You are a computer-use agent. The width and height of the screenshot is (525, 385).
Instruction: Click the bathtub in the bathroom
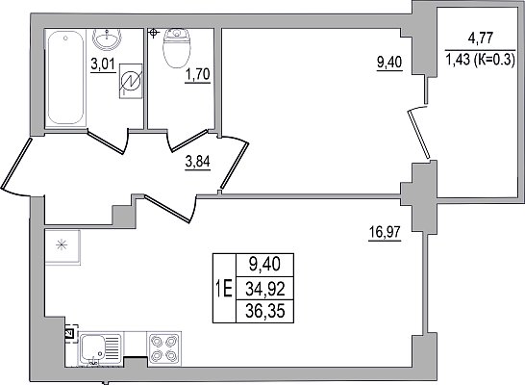[65, 78]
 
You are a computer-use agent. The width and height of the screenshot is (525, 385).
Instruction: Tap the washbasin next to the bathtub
[107, 38]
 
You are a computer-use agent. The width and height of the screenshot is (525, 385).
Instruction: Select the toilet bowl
[177, 48]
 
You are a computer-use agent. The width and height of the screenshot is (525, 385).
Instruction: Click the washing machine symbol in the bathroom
[131, 81]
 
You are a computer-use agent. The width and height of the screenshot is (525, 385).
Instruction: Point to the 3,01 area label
[103, 64]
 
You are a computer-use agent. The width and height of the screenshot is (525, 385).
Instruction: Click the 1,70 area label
[198, 74]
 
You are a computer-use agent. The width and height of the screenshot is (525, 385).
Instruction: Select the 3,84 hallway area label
[197, 162]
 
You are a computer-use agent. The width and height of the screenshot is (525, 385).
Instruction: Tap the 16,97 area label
[385, 232]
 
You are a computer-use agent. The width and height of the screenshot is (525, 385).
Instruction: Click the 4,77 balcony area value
[481, 38]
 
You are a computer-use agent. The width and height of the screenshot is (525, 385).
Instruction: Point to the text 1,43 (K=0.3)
[480, 61]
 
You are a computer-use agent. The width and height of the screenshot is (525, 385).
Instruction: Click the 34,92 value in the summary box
[264, 289]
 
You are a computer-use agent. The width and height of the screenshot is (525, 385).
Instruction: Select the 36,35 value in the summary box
[264, 312]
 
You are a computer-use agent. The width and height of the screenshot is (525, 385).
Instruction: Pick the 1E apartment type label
[224, 289]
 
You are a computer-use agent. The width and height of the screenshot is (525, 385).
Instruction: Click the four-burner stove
[164, 348]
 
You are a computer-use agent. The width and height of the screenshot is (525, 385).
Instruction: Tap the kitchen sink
[101, 348]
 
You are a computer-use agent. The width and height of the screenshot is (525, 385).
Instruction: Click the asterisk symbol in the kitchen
[62, 245]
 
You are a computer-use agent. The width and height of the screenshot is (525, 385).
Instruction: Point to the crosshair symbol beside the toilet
[153, 33]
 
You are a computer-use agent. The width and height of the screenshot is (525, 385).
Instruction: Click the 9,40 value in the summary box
[264, 265]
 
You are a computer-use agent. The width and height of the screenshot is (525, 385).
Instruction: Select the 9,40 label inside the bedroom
[389, 63]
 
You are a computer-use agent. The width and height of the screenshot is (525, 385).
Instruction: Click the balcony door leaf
[418, 134]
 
